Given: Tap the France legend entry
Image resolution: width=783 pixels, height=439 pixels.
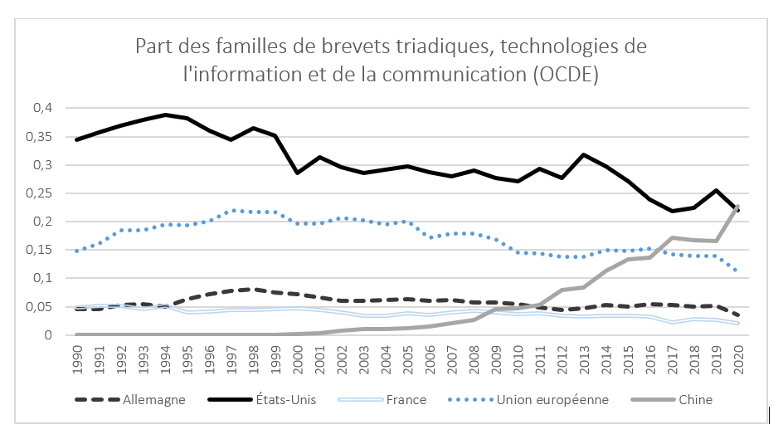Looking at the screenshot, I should [x=406, y=399].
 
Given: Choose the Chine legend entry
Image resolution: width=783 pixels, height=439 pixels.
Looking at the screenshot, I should [x=695, y=399].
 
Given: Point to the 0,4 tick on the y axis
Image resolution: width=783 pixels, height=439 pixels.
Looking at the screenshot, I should [x=41, y=108].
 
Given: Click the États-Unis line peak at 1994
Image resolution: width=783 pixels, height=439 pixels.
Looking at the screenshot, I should [x=165, y=115].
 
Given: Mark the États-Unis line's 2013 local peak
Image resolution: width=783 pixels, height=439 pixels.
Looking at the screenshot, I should [x=584, y=154].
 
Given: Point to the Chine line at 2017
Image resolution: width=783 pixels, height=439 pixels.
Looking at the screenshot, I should [x=672, y=237].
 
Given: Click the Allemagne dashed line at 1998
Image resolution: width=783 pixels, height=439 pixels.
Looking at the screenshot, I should [x=253, y=289].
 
